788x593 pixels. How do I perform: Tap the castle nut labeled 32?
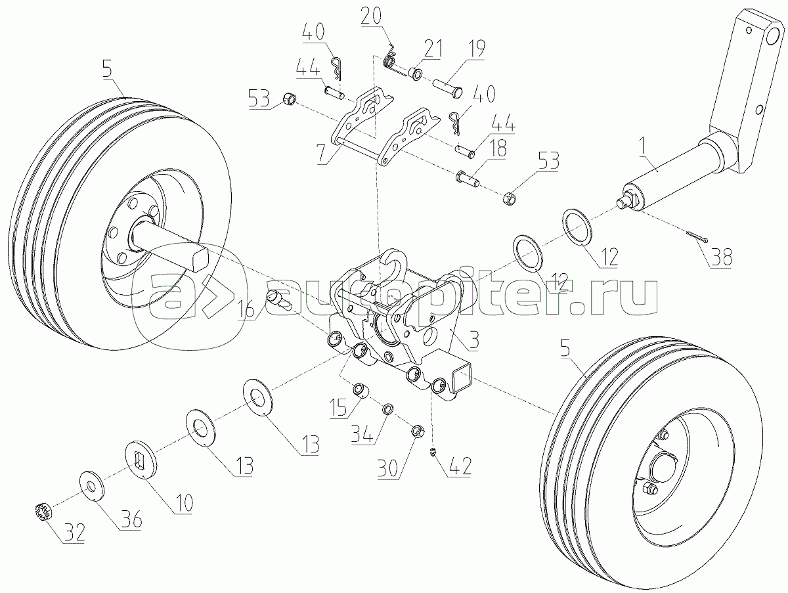pyautogui.click(x=41, y=510)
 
